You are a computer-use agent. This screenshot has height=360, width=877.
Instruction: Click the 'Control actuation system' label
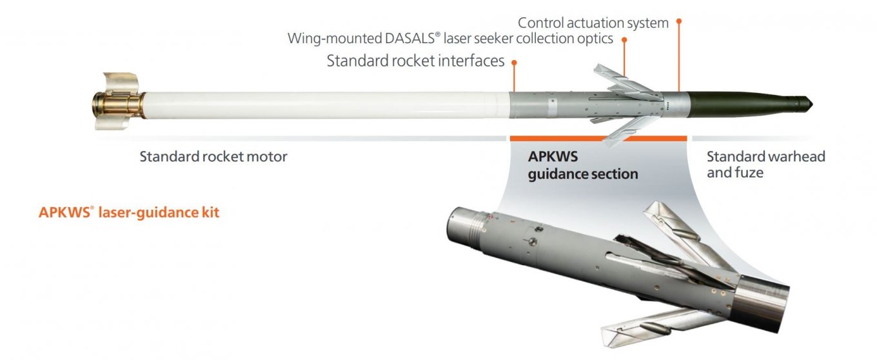[x=593, y=23]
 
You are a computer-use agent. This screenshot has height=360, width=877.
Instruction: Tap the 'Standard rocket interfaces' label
[x=415, y=61]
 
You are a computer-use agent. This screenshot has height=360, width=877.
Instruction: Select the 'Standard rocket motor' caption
[x=213, y=157]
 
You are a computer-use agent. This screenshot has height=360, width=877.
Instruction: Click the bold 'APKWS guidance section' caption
[x=583, y=165]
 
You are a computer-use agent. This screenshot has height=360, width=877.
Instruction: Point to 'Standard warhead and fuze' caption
[x=765, y=165]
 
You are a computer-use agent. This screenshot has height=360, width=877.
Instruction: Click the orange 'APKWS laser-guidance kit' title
[x=129, y=212]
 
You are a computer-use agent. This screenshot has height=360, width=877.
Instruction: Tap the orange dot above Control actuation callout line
[x=678, y=21]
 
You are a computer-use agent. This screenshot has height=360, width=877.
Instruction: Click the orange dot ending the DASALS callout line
[x=624, y=39]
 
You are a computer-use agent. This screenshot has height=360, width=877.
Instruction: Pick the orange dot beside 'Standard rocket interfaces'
[x=514, y=62]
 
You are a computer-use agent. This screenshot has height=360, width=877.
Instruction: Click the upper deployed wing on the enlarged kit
[x=677, y=223]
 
